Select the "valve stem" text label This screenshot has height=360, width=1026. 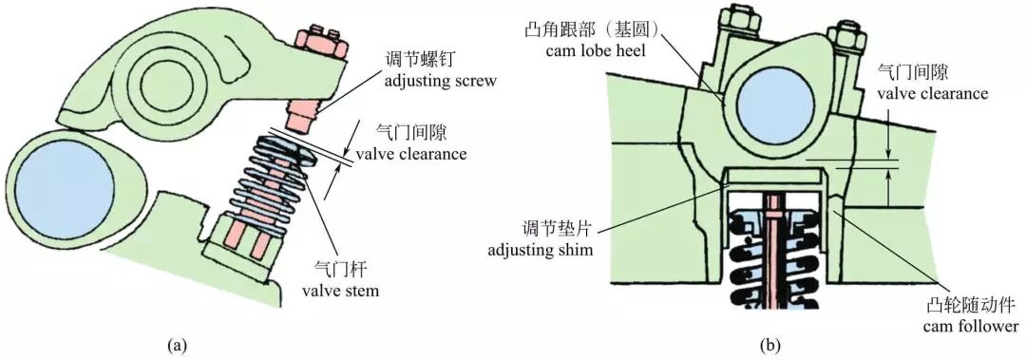[340, 291]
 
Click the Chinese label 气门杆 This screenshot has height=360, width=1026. [340, 270]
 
